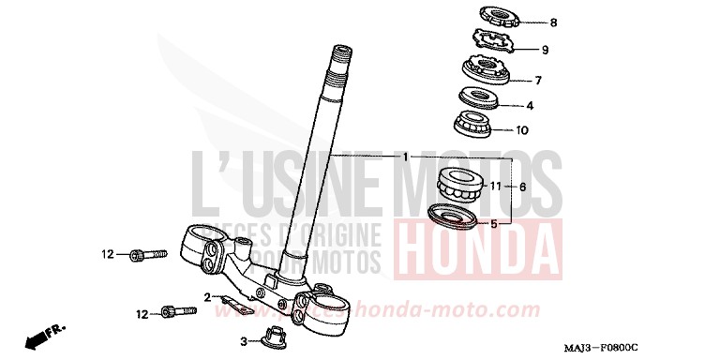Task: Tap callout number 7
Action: (537, 80)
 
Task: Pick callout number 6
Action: (522, 187)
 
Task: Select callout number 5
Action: (494, 224)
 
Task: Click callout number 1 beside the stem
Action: (404, 156)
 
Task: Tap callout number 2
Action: (205, 297)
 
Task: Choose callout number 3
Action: (243, 341)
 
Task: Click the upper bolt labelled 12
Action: (149, 253)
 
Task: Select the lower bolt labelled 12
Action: (170, 310)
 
